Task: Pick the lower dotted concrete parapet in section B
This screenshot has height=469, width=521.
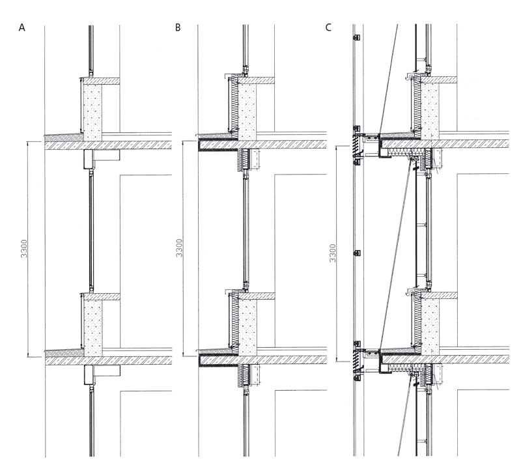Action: coord(247,322)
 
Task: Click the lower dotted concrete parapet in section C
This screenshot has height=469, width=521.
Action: coord(430,322)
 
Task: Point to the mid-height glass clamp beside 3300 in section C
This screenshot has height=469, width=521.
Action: coord(355,252)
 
